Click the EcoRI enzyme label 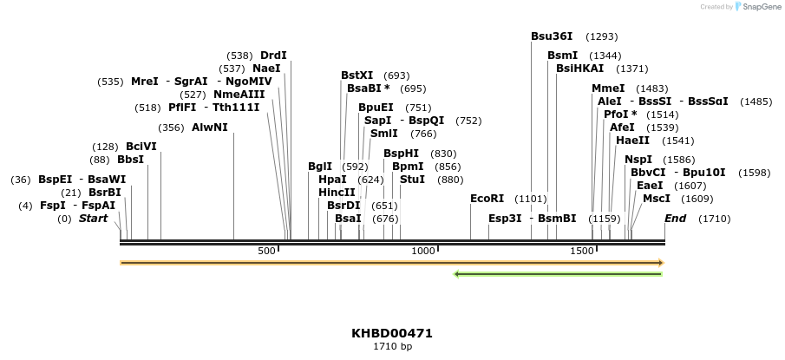pos(487,199)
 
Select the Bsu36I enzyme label pos(552,36)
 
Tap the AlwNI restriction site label pos(210,128)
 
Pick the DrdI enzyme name pos(273,56)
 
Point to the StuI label pos(412,179)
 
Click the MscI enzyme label pos(656,198)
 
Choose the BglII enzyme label pos(320,166)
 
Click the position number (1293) pos(602,36)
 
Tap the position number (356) pos(172,128)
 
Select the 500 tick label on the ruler pos(266,251)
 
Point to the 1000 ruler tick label pos(422,251)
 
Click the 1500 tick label pos(581,251)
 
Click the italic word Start pos(93,219)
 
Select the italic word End pos(675,219)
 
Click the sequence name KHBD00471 pos(392,333)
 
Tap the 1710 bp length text pos(392,347)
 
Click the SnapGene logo pos(756,7)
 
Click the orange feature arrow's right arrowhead pos(661,262)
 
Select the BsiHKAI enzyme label pos(580,69)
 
